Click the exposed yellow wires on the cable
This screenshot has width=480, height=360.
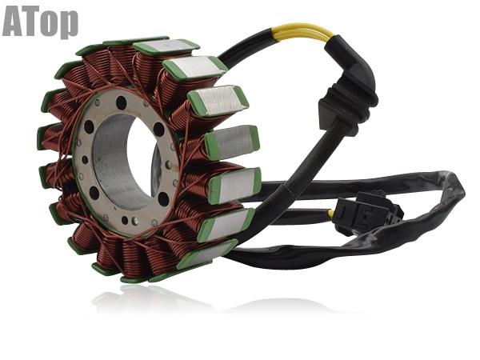coord(302,31)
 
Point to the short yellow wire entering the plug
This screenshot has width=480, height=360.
coord(331,214)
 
